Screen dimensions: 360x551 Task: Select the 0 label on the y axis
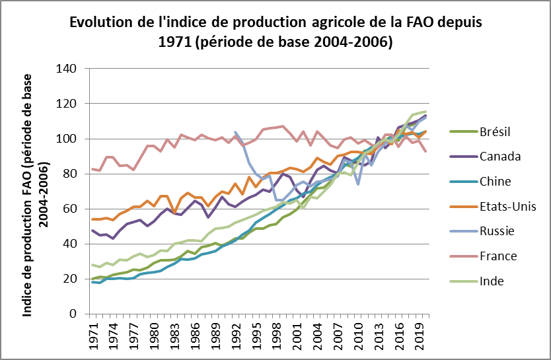[75, 314]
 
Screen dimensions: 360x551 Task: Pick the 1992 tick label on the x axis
[236, 334]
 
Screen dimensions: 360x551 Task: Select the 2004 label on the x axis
[317, 334]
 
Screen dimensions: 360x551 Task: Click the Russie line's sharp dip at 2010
[357, 184]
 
